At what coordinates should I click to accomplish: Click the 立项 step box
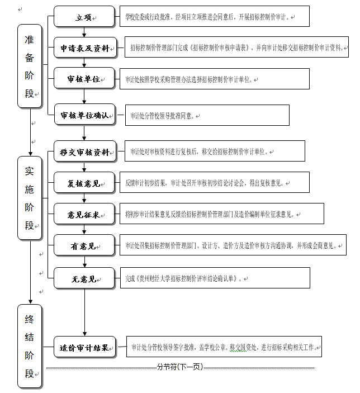coord(84,17)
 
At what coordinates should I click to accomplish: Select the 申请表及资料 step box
coord(84,49)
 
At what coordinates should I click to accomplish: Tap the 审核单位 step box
coord(84,79)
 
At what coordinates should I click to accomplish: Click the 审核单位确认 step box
coord(84,115)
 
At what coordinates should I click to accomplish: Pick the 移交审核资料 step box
coord(84,151)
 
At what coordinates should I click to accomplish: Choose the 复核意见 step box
coord(84,183)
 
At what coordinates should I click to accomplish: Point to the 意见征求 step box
coord(84,214)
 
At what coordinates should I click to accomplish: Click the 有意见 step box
coord(84,245)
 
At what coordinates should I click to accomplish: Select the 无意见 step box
coord(84,278)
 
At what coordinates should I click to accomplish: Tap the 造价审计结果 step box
coord(84,347)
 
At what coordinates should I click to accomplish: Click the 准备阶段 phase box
coord(29,66)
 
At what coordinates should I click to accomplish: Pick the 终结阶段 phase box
coord(29,346)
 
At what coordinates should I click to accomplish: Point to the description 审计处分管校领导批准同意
coord(207,116)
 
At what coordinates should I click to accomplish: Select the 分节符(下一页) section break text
coord(179,367)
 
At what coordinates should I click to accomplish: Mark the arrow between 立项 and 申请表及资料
coord(84,32)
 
